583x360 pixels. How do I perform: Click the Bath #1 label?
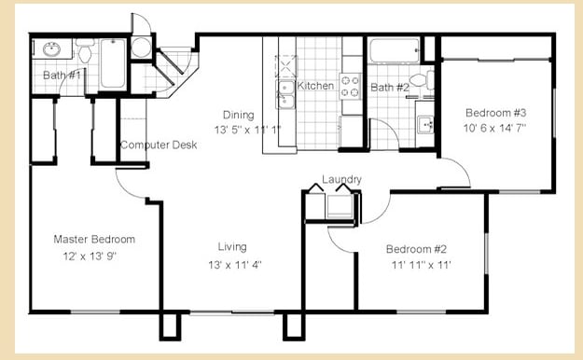(62, 74)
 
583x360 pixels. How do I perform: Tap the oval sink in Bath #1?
(52, 49)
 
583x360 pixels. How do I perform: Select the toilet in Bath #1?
(84, 52)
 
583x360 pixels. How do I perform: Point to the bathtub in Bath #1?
(113, 63)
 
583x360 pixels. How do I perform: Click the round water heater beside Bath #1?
(142, 48)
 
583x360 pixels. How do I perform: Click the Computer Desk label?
(158, 145)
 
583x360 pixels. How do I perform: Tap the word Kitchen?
(315, 86)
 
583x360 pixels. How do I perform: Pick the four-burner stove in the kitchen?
(350, 87)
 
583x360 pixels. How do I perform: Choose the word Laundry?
(341, 179)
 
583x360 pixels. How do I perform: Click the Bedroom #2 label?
(417, 249)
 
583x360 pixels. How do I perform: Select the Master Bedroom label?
(94, 239)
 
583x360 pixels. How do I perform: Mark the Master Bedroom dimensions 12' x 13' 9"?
(90, 255)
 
